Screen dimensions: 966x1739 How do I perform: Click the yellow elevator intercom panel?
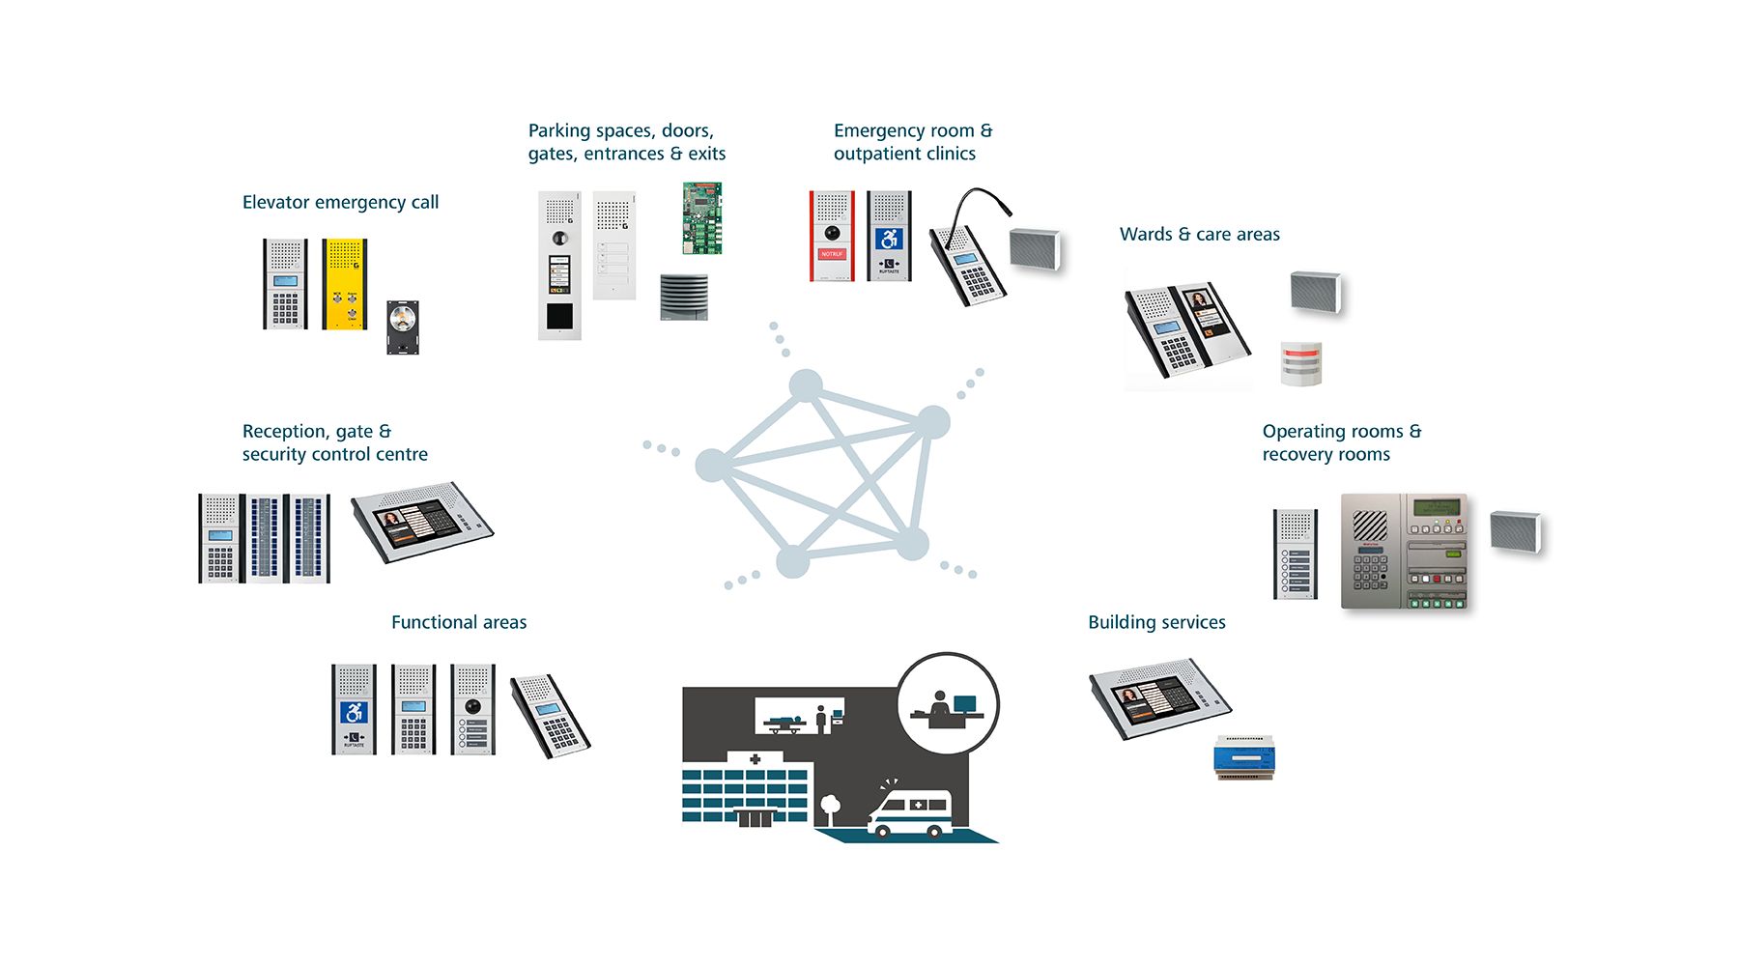pyautogui.click(x=344, y=284)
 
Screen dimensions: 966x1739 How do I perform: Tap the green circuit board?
pyautogui.click(x=702, y=218)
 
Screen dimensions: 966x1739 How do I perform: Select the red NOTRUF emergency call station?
pyautogui.click(x=832, y=237)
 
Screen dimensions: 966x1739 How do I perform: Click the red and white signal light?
pyautogui.click(x=1300, y=363)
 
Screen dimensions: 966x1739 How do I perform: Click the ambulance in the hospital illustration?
pyautogui.click(x=909, y=813)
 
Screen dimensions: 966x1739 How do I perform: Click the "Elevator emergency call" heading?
pyautogui.click(x=340, y=202)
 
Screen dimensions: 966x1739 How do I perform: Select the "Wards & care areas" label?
pyautogui.click(x=1199, y=234)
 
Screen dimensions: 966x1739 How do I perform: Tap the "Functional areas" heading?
pyautogui.click(x=459, y=622)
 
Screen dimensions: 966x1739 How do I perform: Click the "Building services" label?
pyautogui.click(x=1156, y=622)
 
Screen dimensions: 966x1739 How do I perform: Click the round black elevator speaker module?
pyautogui.click(x=403, y=327)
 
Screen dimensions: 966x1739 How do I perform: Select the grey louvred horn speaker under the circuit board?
pyautogui.click(x=684, y=297)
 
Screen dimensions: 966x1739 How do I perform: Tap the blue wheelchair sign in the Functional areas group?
pyautogui.click(x=354, y=713)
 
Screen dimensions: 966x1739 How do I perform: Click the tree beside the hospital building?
pyautogui.click(x=829, y=806)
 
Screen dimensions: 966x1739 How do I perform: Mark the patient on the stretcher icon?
pyautogui.click(x=786, y=721)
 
